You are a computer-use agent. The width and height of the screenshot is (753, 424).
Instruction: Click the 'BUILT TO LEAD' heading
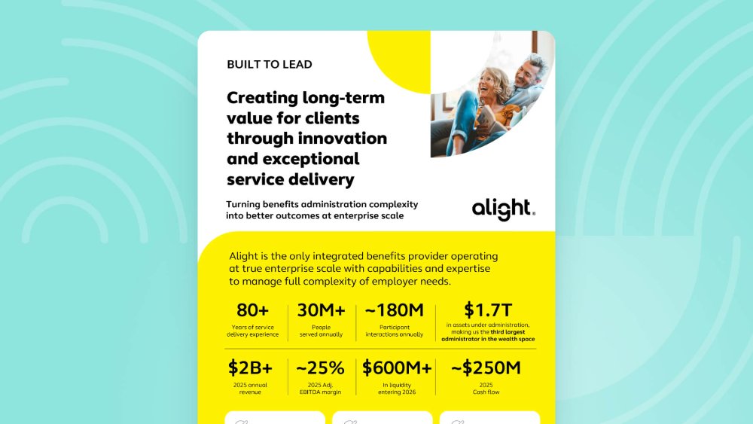tap(270, 64)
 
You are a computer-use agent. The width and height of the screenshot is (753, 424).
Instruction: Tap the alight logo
tap(503, 209)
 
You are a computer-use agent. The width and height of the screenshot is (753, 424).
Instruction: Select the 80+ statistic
tap(252, 310)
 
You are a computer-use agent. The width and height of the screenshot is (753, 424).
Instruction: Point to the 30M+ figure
tap(322, 310)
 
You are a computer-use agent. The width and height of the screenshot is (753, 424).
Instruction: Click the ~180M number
tap(395, 310)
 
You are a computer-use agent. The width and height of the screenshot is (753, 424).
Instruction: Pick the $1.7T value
tap(488, 310)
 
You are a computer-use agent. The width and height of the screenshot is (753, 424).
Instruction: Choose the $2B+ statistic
tap(250, 368)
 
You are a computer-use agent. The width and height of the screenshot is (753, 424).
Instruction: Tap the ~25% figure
tap(320, 368)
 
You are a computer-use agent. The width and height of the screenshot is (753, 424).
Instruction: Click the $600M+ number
tap(397, 368)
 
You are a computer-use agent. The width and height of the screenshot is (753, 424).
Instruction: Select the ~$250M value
tap(486, 368)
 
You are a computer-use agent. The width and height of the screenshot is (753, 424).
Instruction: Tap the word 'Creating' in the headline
tap(262, 99)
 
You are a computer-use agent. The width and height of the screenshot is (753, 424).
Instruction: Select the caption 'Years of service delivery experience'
tap(252, 331)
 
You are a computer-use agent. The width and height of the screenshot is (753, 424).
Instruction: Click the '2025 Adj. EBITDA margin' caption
tap(320, 389)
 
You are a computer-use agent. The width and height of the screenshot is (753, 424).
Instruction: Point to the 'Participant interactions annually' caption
tap(395, 331)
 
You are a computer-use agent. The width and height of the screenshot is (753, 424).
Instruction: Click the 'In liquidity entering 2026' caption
tap(397, 389)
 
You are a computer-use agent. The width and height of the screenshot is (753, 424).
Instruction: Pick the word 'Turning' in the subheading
tap(243, 205)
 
